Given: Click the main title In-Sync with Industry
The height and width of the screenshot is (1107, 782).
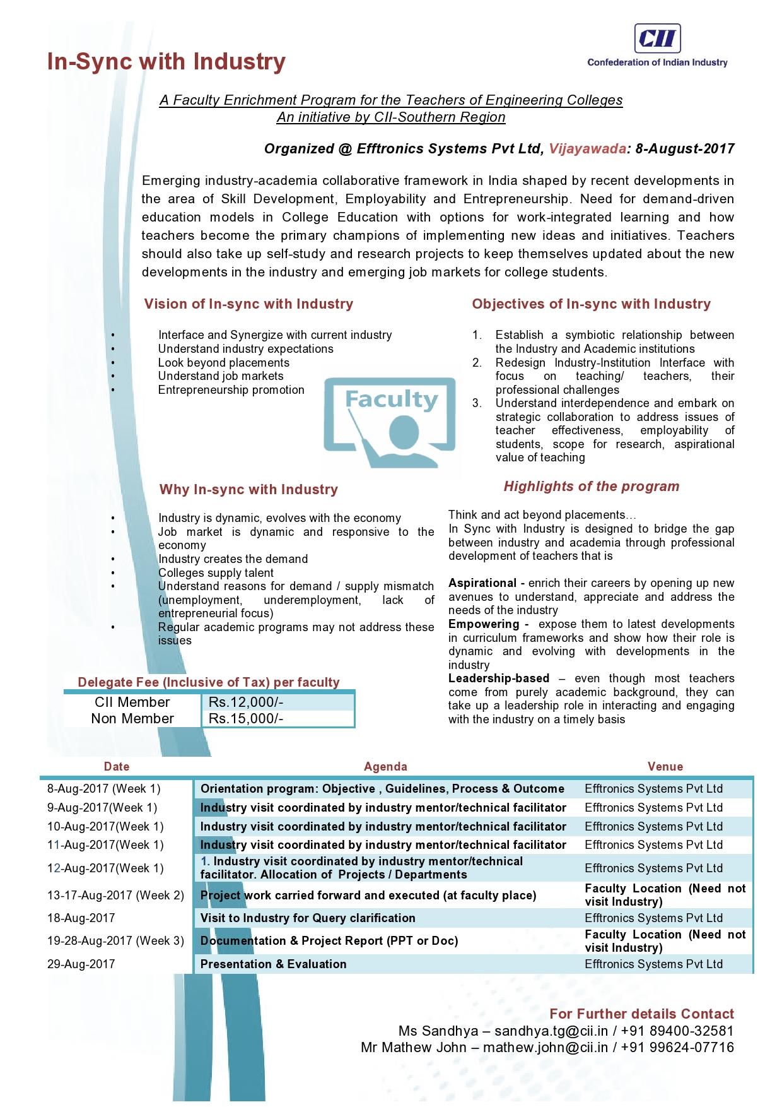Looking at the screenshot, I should coord(166,62).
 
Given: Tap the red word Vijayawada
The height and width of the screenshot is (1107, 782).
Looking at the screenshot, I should coord(587,149).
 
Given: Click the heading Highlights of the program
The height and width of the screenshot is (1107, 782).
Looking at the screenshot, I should coord(591,487).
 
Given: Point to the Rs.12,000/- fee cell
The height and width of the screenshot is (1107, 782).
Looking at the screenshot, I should coord(246,702).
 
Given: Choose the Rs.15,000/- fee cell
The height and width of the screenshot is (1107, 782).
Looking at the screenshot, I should coord(246,719).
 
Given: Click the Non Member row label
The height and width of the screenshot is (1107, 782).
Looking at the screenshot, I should coord(132,719).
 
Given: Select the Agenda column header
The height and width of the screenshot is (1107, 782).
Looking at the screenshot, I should coord(385,767).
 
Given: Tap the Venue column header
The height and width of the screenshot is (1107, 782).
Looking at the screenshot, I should coord(665,767).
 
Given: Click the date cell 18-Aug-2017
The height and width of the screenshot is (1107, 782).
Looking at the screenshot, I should coord(81,918).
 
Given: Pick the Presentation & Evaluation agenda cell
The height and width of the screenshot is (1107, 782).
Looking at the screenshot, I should coord(273,964).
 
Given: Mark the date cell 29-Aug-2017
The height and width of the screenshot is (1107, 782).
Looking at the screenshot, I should coord(81,964).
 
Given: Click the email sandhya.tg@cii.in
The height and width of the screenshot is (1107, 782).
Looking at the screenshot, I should coord(551,1031).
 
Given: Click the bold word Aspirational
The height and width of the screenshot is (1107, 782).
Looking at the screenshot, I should coord(482,583).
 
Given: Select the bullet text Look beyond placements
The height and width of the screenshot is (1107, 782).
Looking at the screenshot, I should coord(224,363).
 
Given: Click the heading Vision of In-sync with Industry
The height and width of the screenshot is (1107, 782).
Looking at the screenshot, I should coord(248,304).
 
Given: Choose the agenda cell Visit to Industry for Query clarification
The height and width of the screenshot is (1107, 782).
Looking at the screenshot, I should coord(308,918).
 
